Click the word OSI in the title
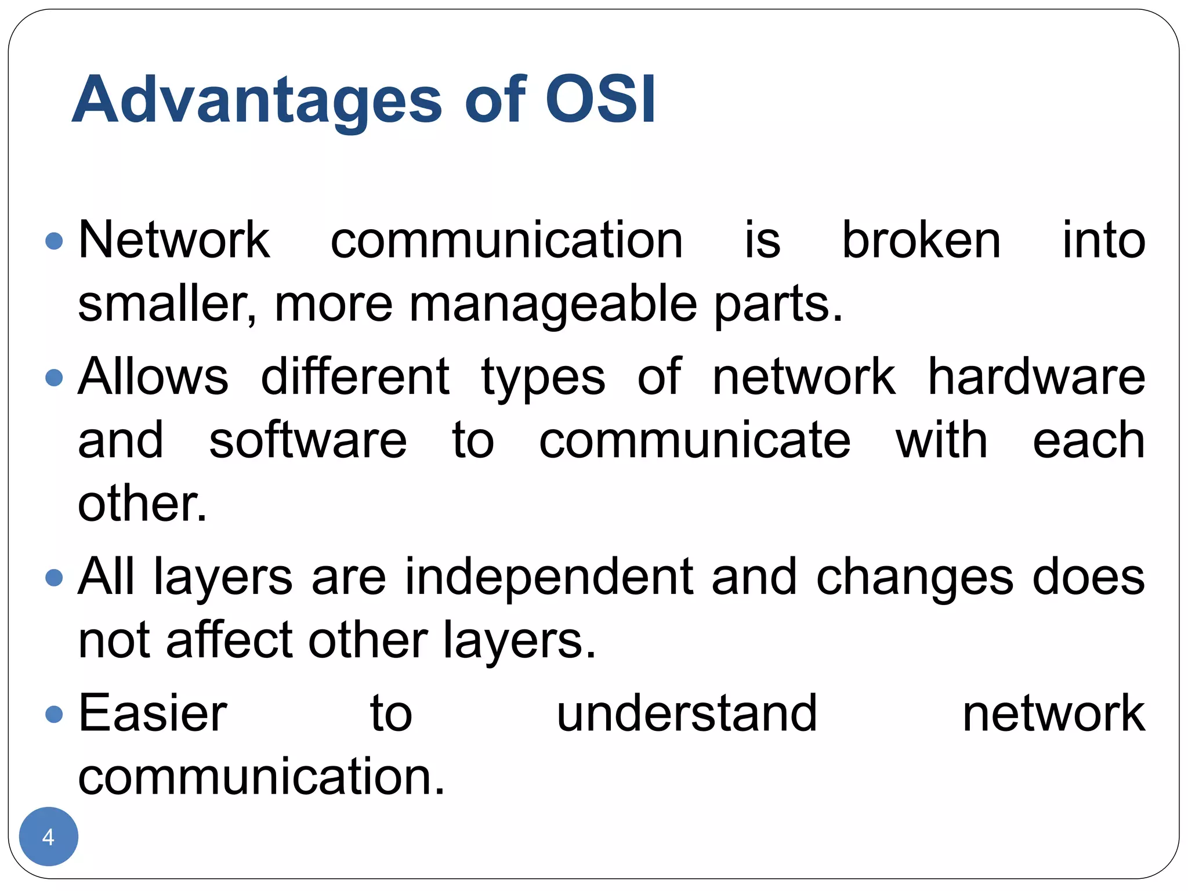600,100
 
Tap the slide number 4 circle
49,836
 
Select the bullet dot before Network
54,241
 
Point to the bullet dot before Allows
54,378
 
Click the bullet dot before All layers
54,578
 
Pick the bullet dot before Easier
54,714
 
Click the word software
308,440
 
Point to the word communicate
694,440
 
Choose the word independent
549,578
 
